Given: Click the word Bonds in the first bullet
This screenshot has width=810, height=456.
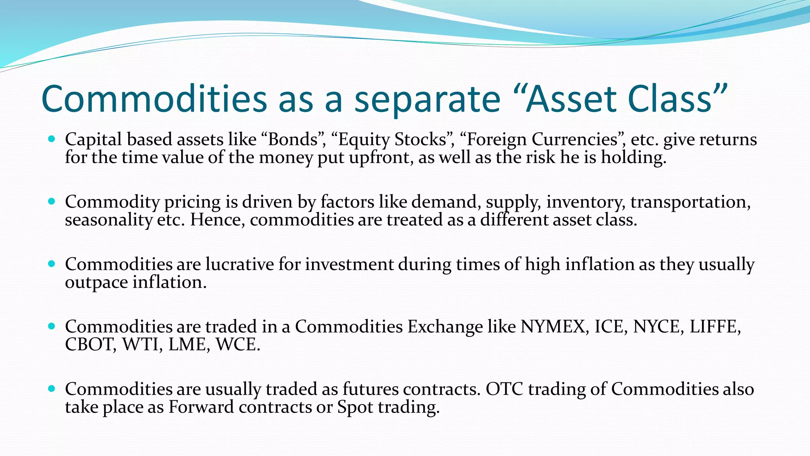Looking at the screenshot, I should click(293, 140).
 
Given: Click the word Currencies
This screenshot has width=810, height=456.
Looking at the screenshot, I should click(574, 140).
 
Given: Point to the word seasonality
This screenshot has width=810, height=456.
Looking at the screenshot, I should click(108, 220).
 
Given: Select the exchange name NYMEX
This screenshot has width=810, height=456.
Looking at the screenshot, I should click(553, 327).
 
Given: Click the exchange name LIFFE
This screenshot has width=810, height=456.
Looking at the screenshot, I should click(713, 327).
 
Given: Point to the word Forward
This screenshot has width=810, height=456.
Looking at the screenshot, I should click(201, 407).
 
